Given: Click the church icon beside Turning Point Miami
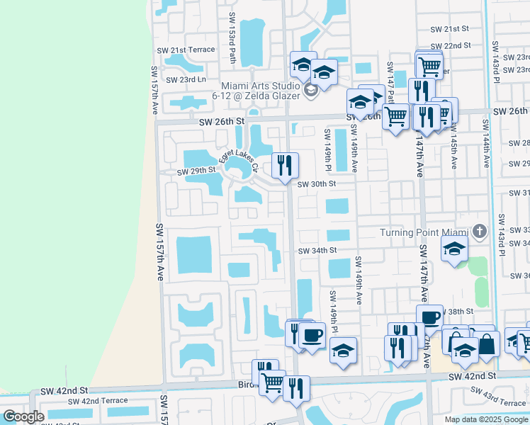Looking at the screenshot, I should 480,232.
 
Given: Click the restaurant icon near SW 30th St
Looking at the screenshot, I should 285,166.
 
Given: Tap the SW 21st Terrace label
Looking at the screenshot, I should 191,50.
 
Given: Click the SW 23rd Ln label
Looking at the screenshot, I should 186,79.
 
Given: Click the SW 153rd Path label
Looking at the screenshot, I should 232,28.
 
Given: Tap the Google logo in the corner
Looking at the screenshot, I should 23,416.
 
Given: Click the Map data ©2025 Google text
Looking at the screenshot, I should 486,419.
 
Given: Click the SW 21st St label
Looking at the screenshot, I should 451,29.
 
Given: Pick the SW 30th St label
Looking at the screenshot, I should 316,184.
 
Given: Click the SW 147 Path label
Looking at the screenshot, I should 390,79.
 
